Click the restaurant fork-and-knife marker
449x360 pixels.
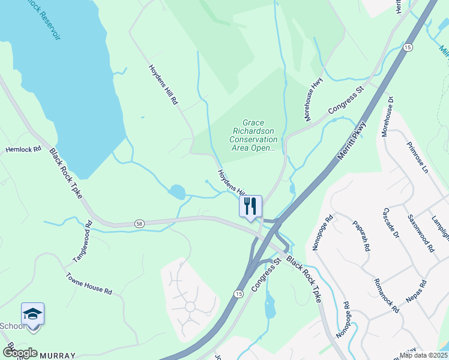[250, 206]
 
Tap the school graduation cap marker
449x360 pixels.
[32, 314]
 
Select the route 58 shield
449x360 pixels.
[139, 223]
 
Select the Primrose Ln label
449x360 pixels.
[417, 158]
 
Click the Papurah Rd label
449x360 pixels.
[360, 235]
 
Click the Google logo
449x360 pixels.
[20, 353]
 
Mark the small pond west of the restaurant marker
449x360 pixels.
[177, 192]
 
